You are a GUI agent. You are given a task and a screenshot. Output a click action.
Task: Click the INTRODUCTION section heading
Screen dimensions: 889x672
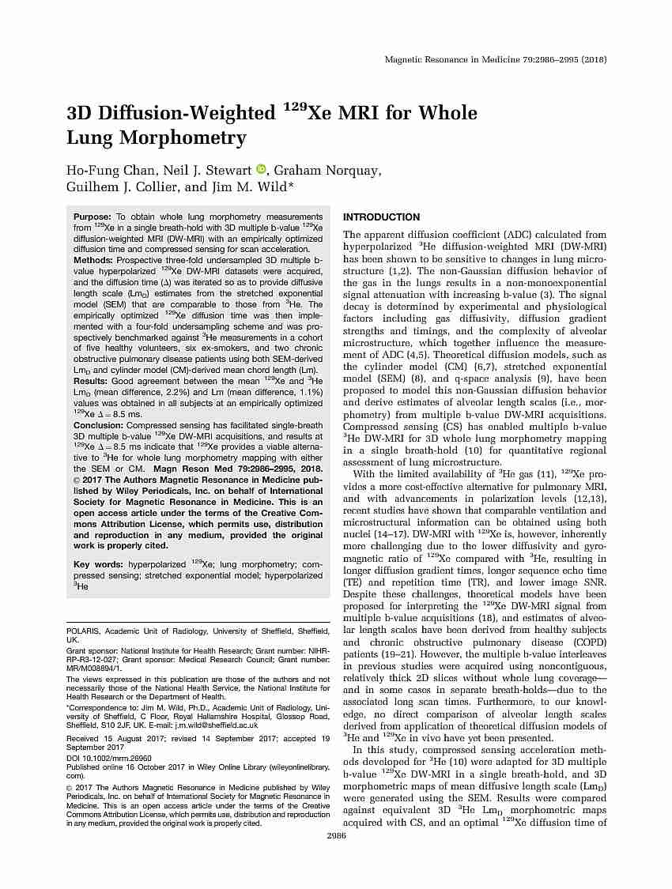click(x=381, y=217)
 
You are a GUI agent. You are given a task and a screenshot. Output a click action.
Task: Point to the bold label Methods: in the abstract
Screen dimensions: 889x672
click(x=93, y=260)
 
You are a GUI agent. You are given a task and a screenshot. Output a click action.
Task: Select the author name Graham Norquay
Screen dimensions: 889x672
click(x=317, y=171)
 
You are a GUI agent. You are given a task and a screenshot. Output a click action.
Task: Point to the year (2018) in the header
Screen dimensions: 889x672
click(x=591, y=60)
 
